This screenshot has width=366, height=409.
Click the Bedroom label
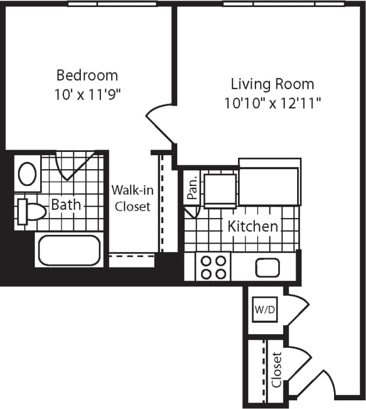pos(87,75)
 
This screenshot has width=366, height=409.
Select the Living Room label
pos(272,84)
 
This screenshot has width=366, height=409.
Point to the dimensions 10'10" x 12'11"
pos(272,103)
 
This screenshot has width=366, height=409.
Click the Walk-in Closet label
pos(131,199)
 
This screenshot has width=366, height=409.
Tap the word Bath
pos(66,205)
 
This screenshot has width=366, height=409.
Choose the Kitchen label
pos(253,226)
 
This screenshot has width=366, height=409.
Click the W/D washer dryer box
pos(265,310)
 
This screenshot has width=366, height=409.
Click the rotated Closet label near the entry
pos(277,370)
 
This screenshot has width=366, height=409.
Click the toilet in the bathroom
pos(30,211)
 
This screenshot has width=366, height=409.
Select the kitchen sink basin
pos(267,267)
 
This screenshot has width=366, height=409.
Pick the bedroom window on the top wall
pos(112,4)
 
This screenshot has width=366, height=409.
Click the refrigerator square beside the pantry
pos(220,189)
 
